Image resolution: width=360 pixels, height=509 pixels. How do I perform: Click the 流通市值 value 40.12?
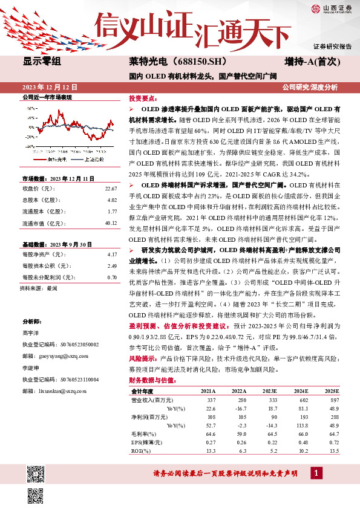point(110,223)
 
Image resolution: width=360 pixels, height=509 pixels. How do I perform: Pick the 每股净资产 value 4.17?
point(111,256)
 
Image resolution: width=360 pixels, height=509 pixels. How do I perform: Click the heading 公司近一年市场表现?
point(47,97)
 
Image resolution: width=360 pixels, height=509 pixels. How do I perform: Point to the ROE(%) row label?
point(140,450)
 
